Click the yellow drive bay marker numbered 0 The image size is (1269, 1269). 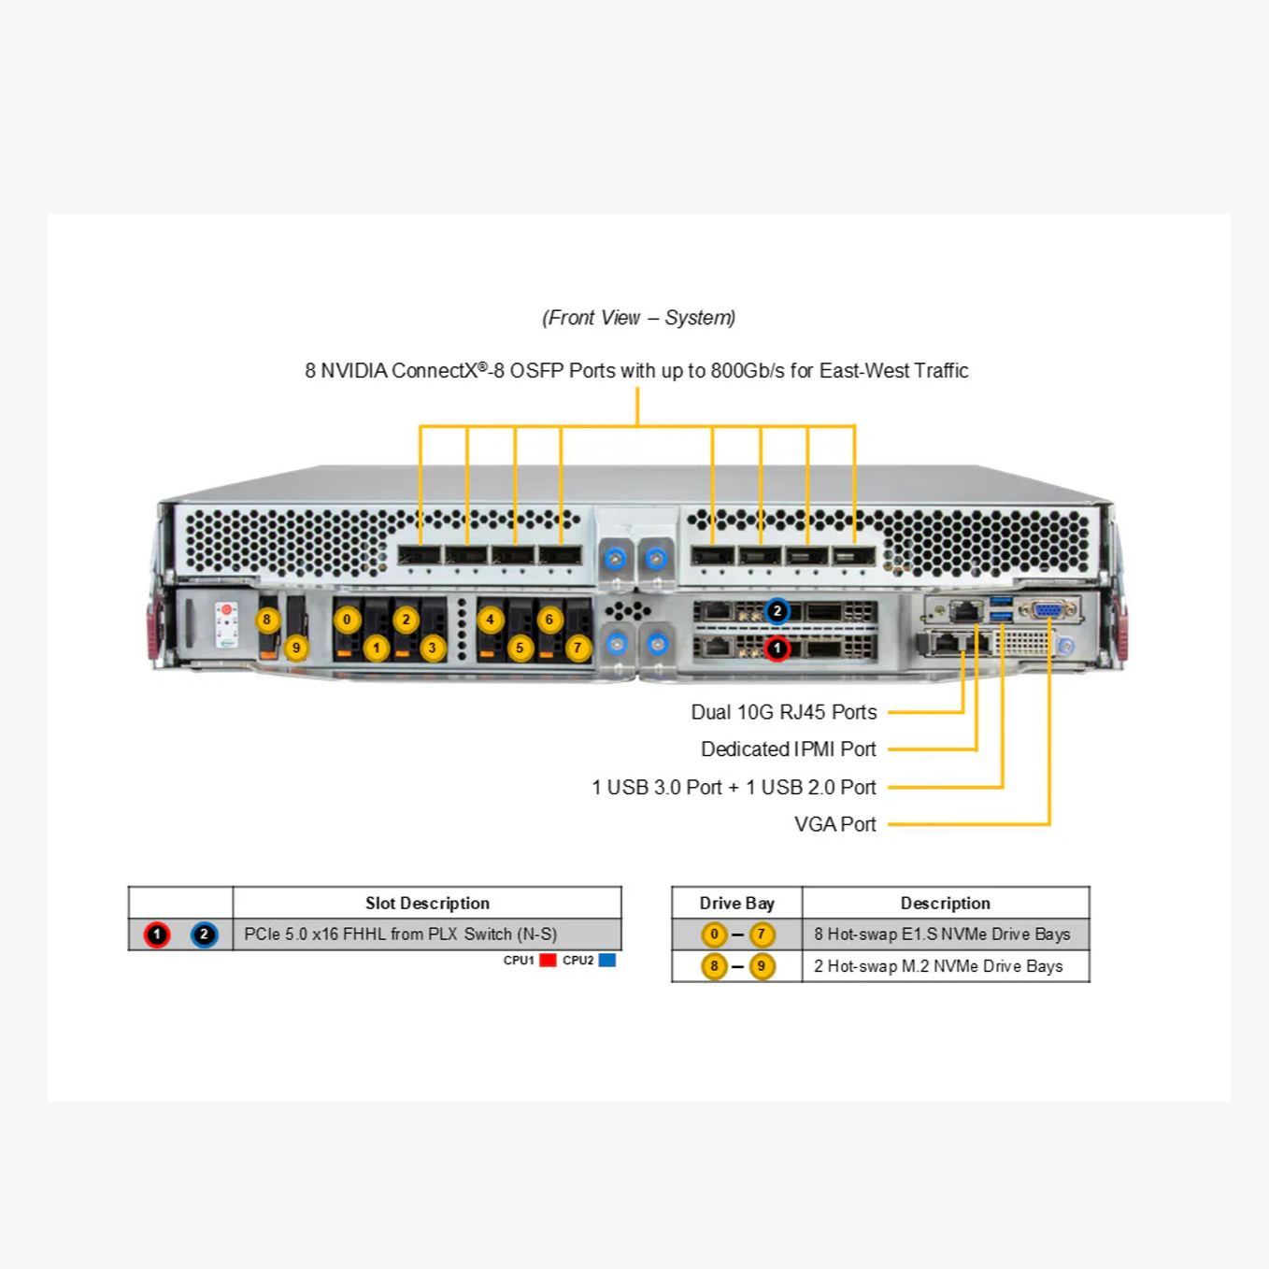(x=347, y=620)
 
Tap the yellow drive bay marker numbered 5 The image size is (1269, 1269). (x=520, y=648)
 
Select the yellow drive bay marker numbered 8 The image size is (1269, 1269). (x=267, y=620)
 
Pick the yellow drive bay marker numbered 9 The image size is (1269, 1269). (x=296, y=648)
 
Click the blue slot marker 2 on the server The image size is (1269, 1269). (x=777, y=611)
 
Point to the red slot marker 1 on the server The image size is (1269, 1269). (x=777, y=648)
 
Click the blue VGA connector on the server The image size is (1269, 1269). (x=1048, y=610)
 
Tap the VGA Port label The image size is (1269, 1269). (x=834, y=824)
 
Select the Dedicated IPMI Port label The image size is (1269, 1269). (x=788, y=749)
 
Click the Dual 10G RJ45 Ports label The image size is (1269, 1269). (x=783, y=712)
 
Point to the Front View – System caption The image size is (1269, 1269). (x=638, y=318)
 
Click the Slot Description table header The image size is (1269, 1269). (x=427, y=904)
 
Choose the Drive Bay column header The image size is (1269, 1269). (x=736, y=904)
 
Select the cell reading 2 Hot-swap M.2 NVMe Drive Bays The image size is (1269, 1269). (x=938, y=966)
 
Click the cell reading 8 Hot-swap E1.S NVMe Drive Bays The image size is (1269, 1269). (x=942, y=934)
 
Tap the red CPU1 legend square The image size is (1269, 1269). (x=549, y=961)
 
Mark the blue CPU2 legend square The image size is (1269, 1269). (x=607, y=961)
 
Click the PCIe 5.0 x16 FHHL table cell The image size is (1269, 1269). (x=400, y=934)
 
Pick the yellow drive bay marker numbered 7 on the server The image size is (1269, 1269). (x=577, y=648)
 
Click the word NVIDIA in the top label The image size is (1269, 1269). (x=353, y=371)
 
